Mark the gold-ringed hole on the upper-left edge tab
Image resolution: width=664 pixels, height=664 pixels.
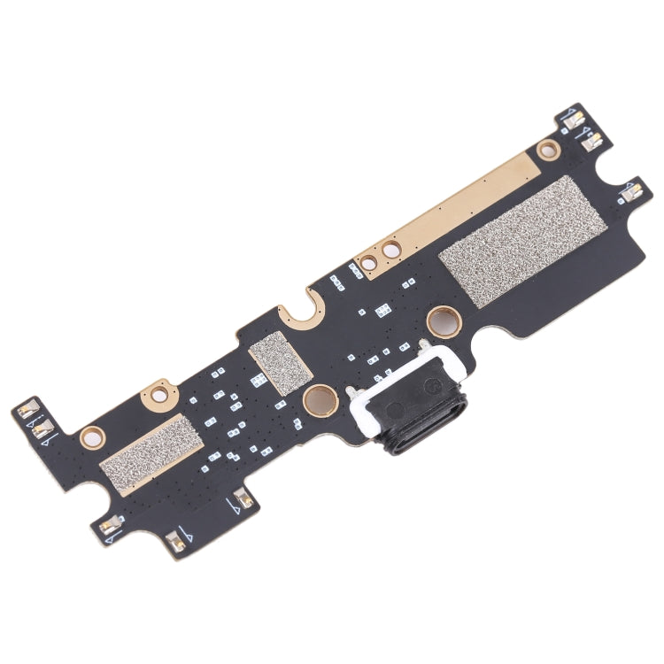158,389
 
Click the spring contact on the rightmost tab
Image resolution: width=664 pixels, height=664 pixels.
632,188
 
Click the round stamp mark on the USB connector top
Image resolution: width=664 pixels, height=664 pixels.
433,386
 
